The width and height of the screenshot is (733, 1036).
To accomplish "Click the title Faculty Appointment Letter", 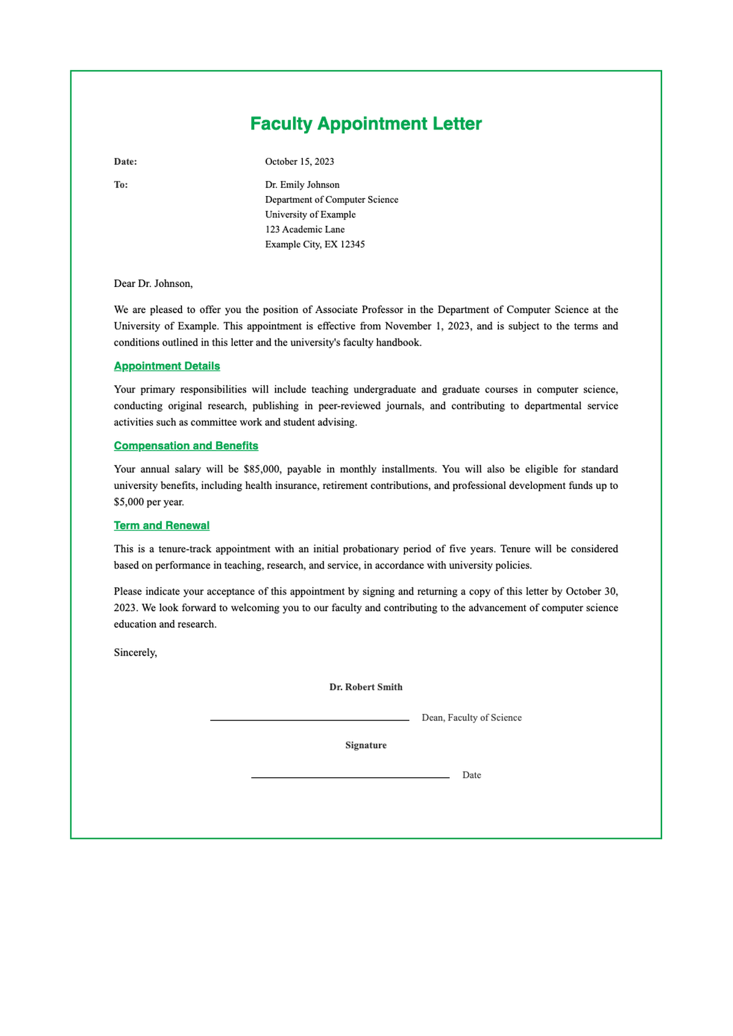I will [x=366, y=124].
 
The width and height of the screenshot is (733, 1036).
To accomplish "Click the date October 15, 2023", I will [x=299, y=162].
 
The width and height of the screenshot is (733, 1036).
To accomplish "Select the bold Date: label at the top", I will [x=125, y=162].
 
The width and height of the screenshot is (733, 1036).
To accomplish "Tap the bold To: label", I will [x=121, y=185].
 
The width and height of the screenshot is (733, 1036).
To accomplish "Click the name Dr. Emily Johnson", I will [x=302, y=185].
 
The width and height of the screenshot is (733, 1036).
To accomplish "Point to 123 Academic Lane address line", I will [x=304, y=230].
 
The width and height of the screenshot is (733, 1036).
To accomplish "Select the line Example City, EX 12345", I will [x=315, y=245].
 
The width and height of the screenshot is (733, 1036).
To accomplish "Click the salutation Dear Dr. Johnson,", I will [x=153, y=283].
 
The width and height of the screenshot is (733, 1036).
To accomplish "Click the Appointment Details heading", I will [x=167, y=366].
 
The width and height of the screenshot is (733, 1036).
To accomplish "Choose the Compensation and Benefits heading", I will [x=186, y=446].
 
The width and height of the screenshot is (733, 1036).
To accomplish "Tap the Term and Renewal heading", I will [x=161, y=526].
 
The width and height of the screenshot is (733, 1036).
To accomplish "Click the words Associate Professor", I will [x=359, y=310].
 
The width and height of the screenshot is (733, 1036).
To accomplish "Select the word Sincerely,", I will [x=135, y=653].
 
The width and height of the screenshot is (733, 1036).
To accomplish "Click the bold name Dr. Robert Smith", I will [x=366, y=687].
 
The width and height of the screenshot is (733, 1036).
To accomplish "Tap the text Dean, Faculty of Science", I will [x=472, y=718].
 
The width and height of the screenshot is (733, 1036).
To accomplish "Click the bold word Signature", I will [x=366, y=745].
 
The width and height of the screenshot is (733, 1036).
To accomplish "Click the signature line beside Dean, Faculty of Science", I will [x=309, y=720].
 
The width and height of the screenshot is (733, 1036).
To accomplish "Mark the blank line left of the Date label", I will [x=350, y=777].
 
